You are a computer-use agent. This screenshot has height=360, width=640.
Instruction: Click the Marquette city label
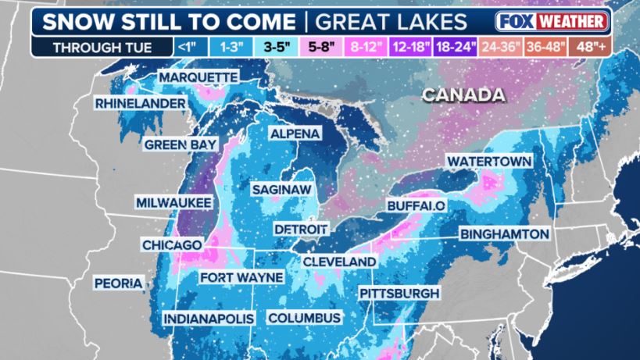pyautogui.click(x=198, y=77)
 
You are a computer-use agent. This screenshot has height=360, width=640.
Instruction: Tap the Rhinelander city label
pyautogui.click(x=141, y=103)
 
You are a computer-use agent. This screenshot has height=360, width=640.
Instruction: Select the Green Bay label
pyautogui.click(x=176, y=144)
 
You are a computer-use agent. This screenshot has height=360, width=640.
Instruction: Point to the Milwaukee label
pyautogui.click(x=173, y=202)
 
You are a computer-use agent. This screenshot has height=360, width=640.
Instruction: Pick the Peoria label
pyautogui.click(x=119, y=283)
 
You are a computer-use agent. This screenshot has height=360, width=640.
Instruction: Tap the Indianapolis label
pyautogui.click(x=209, y=319)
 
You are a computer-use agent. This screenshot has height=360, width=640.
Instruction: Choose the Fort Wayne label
pyautogui.click(x=235, y=278)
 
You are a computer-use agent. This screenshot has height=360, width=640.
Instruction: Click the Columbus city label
pyautogui.click(x=304, y=318)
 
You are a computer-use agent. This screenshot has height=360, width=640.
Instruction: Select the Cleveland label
pyautogui.click(x=339, y=261)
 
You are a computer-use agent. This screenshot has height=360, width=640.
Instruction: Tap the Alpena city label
pyautogui.click(x=295, y=134)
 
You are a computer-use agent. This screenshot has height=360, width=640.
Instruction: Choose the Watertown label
pyautogui.click(x=489, y=161)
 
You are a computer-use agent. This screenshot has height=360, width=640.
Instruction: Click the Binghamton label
pyautogui.click(x=505, y=234)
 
